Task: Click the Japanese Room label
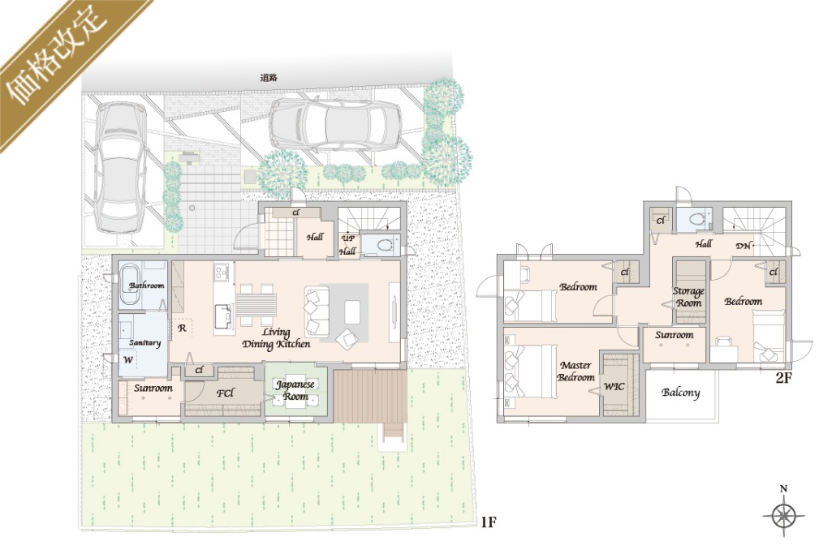[295, 390]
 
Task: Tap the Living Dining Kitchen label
[276, 338]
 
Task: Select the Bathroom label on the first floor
[146, 286]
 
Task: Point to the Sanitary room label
[144, 342]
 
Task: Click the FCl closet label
[225, 393]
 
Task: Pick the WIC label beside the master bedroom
[614, 386]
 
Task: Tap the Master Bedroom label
[576, 371]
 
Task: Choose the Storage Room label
[688, 297]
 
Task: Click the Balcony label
[681, 393]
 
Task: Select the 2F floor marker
[783, 378]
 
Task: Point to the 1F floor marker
[488, 522]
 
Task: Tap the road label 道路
[269, 78]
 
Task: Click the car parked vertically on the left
[120, 167]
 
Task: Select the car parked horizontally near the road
[335, 125]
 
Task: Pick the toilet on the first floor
[386, 245]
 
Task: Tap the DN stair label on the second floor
[743, 246]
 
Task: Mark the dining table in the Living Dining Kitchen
[256, 305]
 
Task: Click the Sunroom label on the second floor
[674, 335]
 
